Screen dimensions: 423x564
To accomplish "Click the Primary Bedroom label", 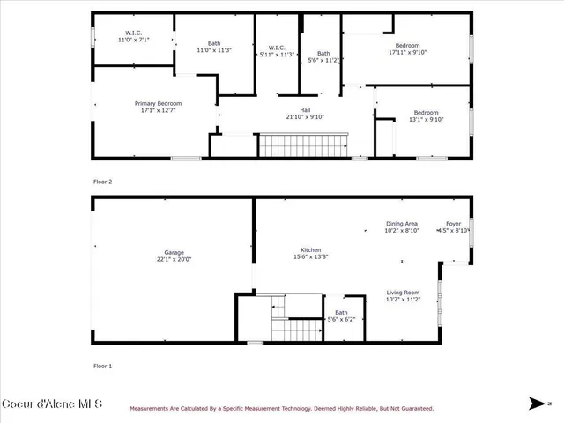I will (x=157, y=103).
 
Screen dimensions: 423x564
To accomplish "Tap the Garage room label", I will (x=173, y=253).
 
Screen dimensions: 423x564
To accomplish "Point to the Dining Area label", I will (x=401, y=224).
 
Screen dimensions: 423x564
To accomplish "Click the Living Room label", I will (x=403, y=293).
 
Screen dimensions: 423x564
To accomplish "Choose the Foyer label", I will (x=453, y=224).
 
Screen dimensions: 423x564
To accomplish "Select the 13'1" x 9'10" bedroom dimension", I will (x=426, y=120).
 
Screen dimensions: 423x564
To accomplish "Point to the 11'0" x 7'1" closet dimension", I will (x=134, y=40).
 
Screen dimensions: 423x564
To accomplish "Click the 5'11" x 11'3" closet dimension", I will (x=277, y=54).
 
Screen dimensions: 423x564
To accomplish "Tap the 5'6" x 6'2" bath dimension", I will (x=341, y=319).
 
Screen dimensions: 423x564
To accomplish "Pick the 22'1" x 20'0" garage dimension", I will (x=173, y=260).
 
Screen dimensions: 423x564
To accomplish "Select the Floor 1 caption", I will (x=103, y=365).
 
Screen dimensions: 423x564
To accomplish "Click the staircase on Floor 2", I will (x=301, y=145).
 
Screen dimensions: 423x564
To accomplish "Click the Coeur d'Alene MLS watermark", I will (x=53, y=404).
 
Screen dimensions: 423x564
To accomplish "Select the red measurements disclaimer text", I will (x=282, y=408).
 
